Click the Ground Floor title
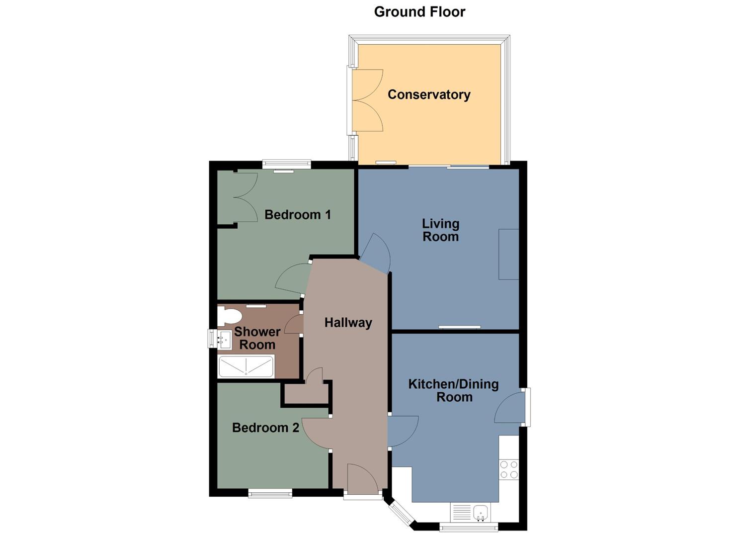(419, 12)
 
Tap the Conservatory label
(429, 94)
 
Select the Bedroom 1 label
(297, 215)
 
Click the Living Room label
(440, 230)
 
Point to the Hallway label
(348, 323)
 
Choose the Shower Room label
(257, 338)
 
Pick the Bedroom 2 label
(265, 428)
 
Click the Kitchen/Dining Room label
(453, 390)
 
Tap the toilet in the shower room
(229, 315)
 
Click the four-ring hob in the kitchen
(509, 469)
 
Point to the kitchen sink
(480, 512)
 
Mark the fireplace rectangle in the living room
(508, 254)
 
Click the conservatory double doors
(367, 100)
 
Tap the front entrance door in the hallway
(363, 480)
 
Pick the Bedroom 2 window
(270, 493)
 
